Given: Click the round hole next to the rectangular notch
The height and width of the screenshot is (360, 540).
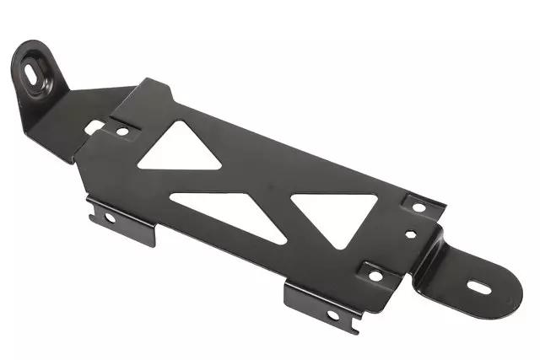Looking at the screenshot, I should click(121, 131).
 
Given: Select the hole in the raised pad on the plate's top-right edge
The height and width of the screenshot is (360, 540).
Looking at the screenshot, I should click(418, 205).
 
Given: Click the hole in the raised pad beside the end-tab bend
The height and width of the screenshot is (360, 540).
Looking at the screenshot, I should click(375, 275).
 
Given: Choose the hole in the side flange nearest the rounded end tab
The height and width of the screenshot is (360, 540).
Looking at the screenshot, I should click(332, 314).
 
